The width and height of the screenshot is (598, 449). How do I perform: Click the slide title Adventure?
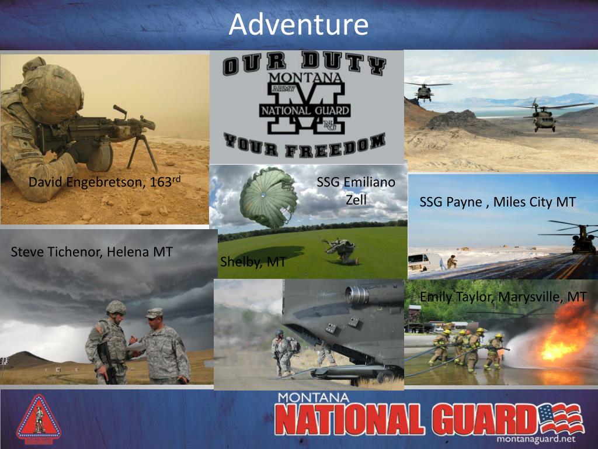click(x=298, y=25)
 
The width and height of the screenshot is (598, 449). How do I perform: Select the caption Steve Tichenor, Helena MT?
click(x=92, y=252)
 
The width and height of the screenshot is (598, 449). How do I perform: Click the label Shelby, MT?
click(x=252, y=261)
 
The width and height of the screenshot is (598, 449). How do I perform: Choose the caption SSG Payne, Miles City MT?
click(x=498, y=202)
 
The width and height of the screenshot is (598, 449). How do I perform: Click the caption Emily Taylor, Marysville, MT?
click(x=503, y=297)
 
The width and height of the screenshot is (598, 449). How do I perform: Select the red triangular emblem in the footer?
click(x=39, y=419)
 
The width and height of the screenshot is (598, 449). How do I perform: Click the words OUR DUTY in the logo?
click(x=304, y=64)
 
